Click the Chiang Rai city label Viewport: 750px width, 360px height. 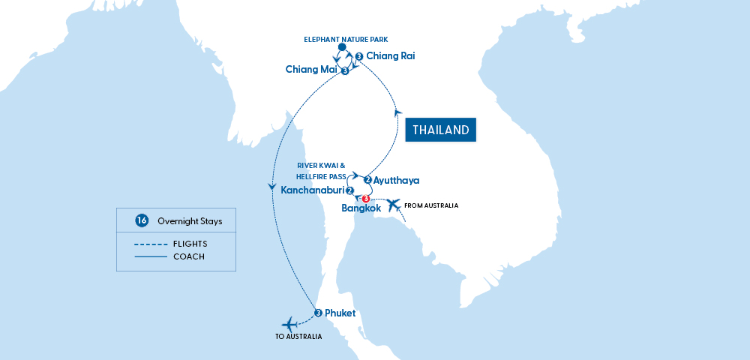[390, 55]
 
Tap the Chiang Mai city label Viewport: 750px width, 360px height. [311, 70]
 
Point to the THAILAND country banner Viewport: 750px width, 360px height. [441, 130]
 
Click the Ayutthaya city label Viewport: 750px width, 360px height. [397, 180]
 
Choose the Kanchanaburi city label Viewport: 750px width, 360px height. [312, 190]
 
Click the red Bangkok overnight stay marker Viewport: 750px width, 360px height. [366, 199]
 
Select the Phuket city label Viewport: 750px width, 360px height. [340, 313]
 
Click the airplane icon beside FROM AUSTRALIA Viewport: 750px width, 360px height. [394, 205]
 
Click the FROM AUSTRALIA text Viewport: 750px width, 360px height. [430, 205]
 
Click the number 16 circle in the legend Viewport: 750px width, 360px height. [141, 220]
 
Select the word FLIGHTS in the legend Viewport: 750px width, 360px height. [189, 244]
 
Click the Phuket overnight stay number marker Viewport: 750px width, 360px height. [318, 313]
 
